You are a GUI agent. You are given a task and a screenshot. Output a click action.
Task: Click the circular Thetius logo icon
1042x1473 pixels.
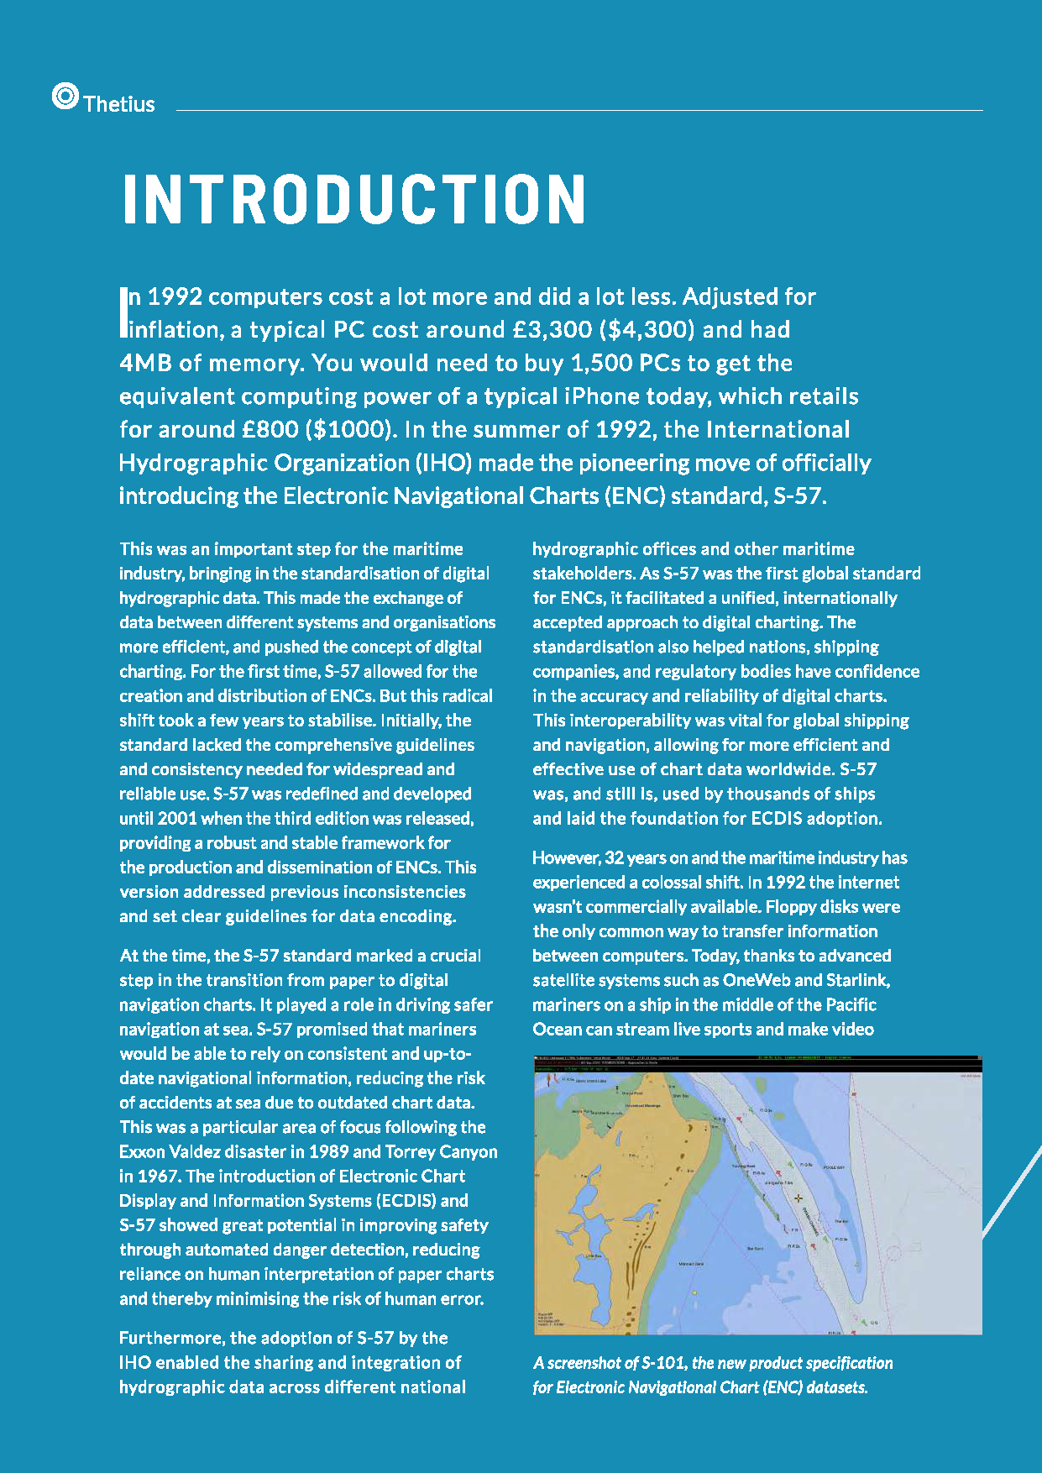(x=65, y=97)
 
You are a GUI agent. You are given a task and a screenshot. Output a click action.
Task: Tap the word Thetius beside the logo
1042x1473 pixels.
(x=119, y=104)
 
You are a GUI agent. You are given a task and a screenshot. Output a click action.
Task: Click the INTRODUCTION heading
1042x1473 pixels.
(x=353, y=200)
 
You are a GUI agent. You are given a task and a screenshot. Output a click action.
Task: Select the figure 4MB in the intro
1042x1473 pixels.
(x=146, y=363)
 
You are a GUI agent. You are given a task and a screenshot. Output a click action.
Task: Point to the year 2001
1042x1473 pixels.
(x=177, y=818)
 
